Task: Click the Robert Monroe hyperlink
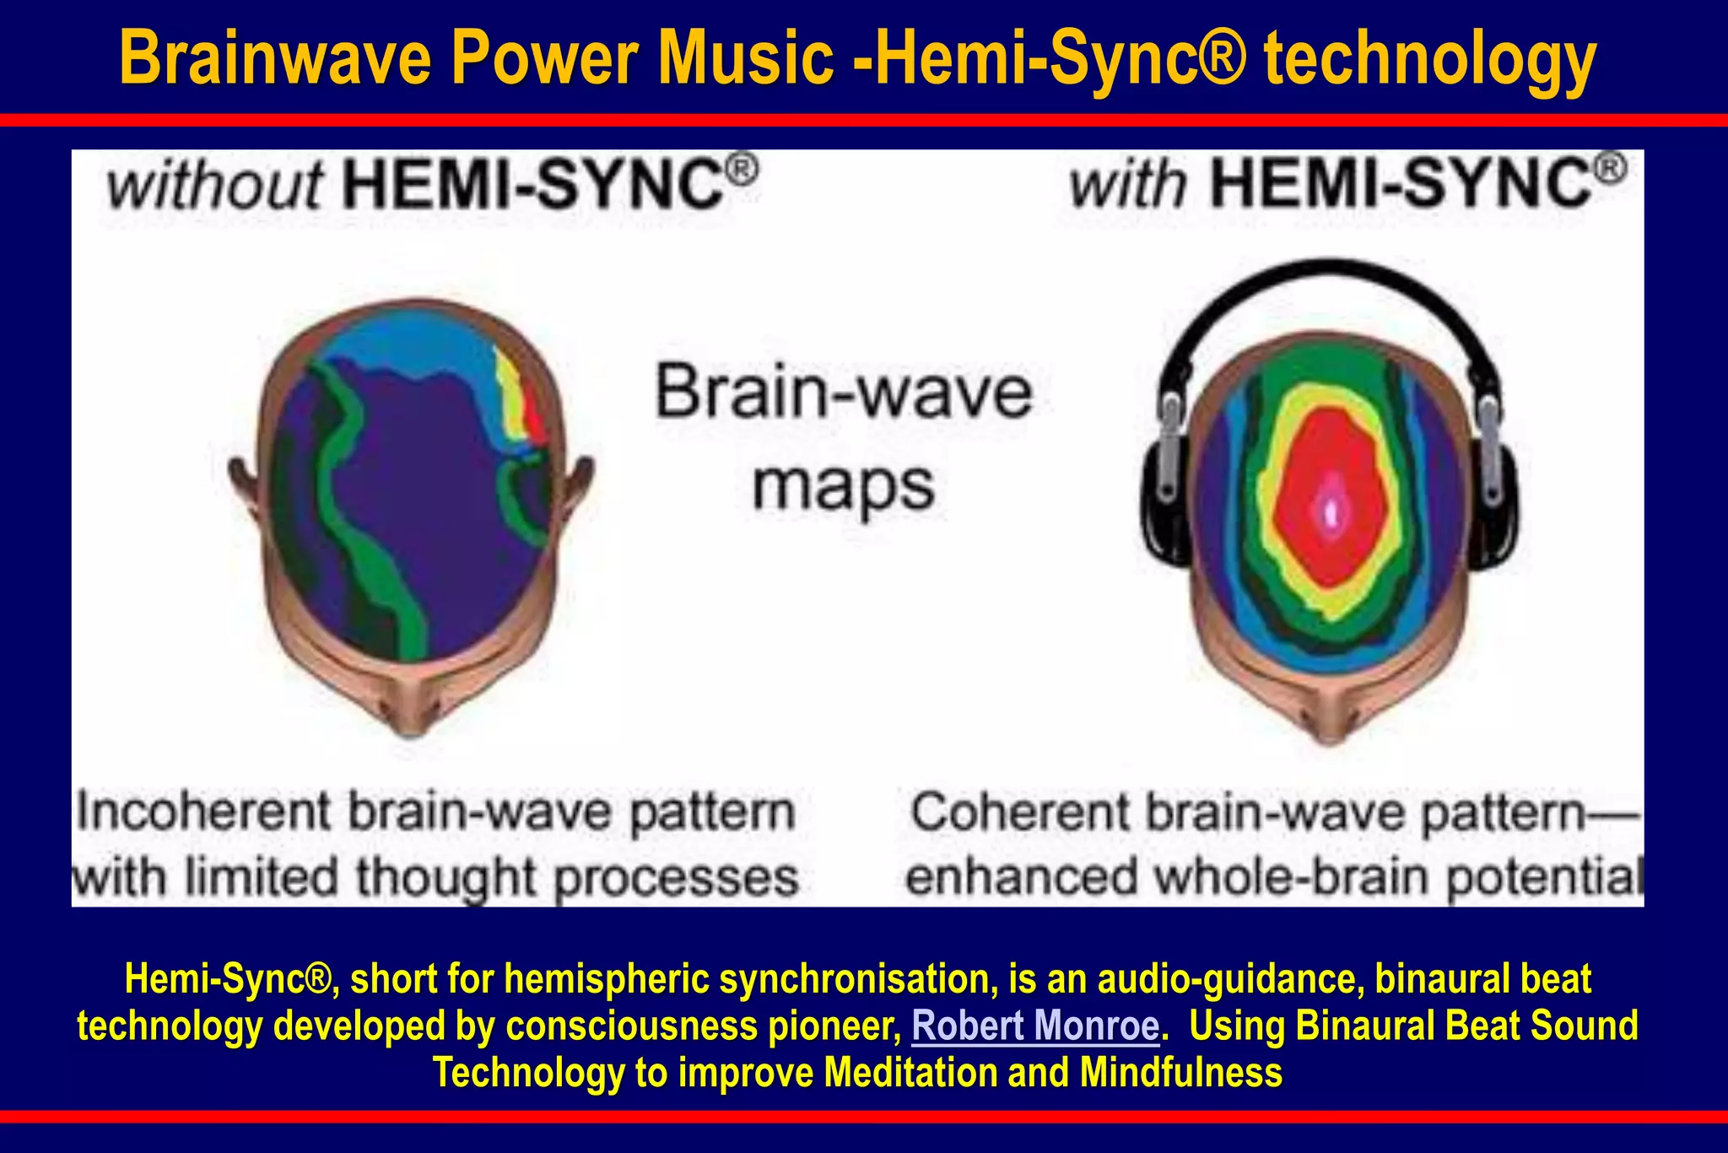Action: point(1035,1026)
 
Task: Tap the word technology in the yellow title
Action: point(1429,59)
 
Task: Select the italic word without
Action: point(215,186)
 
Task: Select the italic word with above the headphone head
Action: point(1128,186)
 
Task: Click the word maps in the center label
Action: point(844,487)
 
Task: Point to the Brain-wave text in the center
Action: point(844,392)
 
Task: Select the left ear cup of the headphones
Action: point(1162,498)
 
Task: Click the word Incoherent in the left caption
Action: point(203,812)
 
